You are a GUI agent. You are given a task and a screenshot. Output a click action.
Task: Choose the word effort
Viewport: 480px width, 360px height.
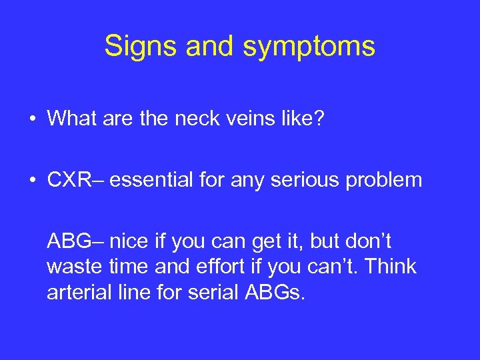coord(225,267)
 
